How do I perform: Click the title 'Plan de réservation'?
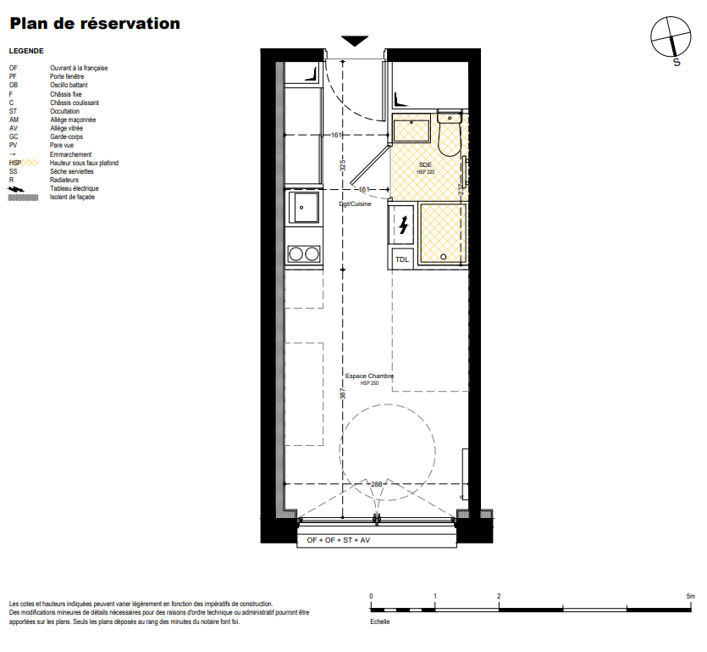pos(95,24)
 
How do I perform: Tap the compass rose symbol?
pos(671,37)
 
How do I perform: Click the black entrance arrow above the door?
pos(355,41)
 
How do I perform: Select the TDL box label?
pos(401,259)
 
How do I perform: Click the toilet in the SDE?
pos(450,133)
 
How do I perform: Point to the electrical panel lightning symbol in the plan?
pos(404,224)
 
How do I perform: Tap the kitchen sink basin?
pos(303,207)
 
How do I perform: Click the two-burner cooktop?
pos(304,254)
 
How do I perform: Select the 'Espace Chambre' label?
pos(369,376)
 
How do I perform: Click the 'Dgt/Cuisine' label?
pos(355,204)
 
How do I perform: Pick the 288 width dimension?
pos(377,484)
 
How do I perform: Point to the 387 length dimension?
pos(343,393)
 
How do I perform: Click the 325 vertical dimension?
pos(343,165)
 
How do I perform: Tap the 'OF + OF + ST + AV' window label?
pos(339,540)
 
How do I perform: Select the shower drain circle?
pos(443,257)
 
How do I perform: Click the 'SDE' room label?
pos(425,164)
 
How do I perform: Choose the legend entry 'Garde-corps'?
pos(66,137)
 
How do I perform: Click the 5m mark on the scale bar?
pos(690,596)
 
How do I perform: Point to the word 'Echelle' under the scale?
pos(379,621)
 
